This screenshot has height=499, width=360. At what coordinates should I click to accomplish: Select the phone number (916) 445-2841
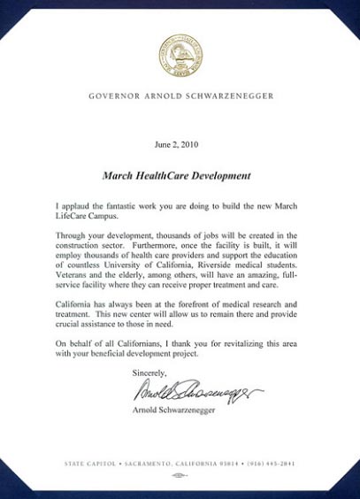pyautogui.click(x=277, y=464)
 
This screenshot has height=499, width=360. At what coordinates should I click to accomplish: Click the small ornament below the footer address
pyautogui.click(x=180, y=475)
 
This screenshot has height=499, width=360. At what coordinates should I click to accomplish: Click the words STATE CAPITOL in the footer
pyautogui.click(x=88, y=464)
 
